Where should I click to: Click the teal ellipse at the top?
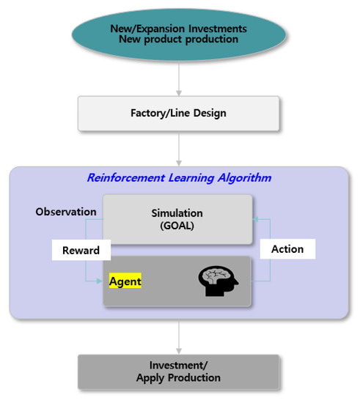point(179,34)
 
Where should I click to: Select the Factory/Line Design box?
point(178,114)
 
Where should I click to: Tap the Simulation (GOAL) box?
point(177,218)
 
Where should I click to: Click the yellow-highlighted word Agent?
point(125,281)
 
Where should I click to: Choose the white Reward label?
point(81,250)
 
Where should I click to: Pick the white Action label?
point(287,248)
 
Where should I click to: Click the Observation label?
point(66,212)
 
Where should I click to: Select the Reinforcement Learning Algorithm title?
point(179,177)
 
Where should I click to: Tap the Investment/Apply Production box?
point(178,372)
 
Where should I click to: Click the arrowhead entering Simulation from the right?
point(255,218)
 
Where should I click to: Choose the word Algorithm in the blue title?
point(242,177)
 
